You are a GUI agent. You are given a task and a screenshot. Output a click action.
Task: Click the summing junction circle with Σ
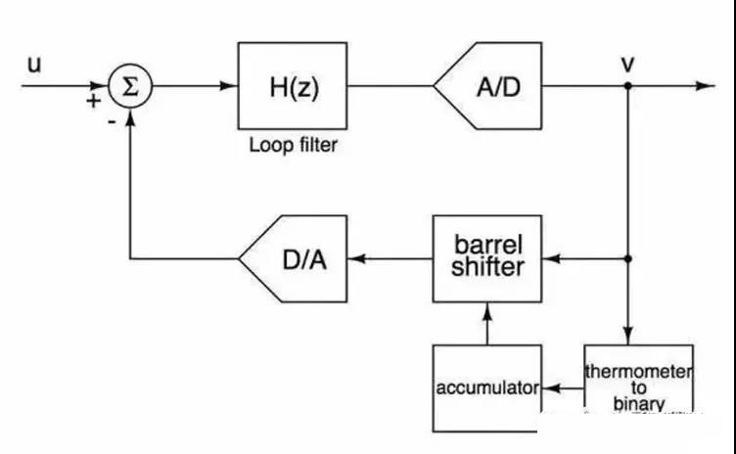[x=129, y=86]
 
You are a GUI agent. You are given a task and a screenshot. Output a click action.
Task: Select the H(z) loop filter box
[x=293, y=86]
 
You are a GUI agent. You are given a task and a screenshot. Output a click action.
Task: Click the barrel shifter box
[x=487, y=258]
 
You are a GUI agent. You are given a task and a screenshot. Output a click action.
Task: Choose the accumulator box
[x=486, y=387]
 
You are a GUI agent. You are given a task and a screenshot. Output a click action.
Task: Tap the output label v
[x=626, y=64]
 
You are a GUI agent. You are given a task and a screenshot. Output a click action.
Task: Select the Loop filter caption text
[x=293, y=146]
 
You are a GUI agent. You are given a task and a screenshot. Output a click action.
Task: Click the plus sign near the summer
[x=93, y=101]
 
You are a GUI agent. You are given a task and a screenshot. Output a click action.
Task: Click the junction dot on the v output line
[x=626, y=86]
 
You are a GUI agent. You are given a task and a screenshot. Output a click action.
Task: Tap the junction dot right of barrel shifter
[x=626, y=259]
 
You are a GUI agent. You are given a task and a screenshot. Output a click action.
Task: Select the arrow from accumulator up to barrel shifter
[x=486, y=323]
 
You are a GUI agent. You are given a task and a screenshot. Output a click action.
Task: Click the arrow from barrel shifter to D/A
[x=391, y=259]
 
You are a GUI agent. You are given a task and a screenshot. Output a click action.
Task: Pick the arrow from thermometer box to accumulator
[x=562, y=387]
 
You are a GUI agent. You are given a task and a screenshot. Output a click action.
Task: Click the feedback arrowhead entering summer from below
[x=129, y=118]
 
